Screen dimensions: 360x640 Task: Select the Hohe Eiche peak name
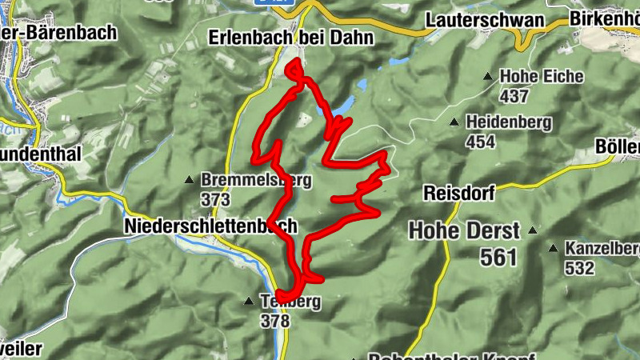pos(542,77)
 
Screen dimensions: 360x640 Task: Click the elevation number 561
pos(499,257)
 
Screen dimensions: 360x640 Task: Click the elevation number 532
pos(580,268)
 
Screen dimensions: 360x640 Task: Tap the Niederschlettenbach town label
pos(211,226)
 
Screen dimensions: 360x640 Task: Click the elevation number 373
pos(216,199)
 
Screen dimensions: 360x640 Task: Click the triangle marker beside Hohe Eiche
pos(487,77)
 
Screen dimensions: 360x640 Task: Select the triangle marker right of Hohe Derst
pos(532,230)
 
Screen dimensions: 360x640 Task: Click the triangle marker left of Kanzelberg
pos(552,248)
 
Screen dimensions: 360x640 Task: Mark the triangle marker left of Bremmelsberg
pos(189,179)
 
